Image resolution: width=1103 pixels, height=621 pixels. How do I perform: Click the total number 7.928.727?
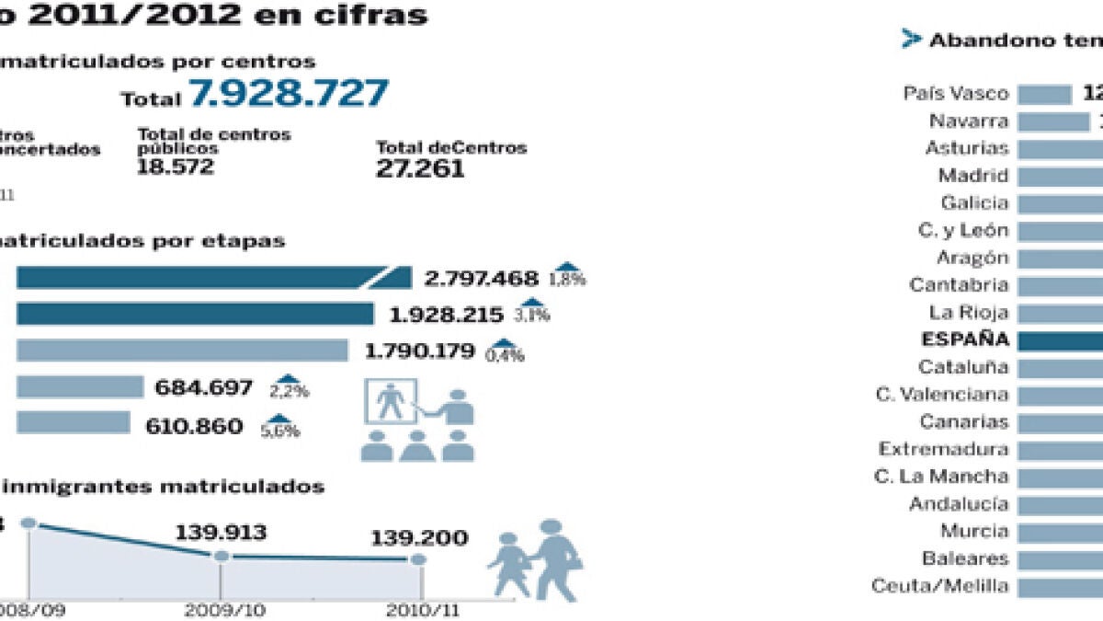pyautogui.click(x=289, y=95)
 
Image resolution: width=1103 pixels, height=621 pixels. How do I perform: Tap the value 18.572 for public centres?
pyautogui.click(x=175, y=167)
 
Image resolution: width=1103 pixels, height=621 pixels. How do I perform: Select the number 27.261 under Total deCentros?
pyautogui.click(x=420, y=168)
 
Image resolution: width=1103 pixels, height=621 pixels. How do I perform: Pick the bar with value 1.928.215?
pyautogui.click(x=195, y=314)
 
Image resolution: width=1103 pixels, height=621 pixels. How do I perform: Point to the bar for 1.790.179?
pyautogui.click(x=182, y=351)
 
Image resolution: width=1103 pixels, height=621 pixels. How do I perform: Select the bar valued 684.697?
pyautogui.click(x=80, y=387)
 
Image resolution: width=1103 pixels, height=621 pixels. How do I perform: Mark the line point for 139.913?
pyautogui.click(x=221, y=556)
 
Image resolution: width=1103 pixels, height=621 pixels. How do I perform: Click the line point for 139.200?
pyautogui.click(x=418, y=558)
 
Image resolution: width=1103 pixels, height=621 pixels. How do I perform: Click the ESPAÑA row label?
pyautogui.click(x=964, y=339)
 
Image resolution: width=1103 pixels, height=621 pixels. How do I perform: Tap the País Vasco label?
pyautogui.click(x=956, y=94)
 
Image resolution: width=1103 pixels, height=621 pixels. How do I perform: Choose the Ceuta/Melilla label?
pyautogui.click(x=939, y=586)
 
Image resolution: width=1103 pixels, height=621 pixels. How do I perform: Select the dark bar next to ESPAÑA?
pyautogui.click(x=1061, y=340)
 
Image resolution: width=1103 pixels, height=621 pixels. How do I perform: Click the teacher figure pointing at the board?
pyautogui.click(x=457, y=408)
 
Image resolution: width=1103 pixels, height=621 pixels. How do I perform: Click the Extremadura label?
pyautogui.click(x=943, y=450)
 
